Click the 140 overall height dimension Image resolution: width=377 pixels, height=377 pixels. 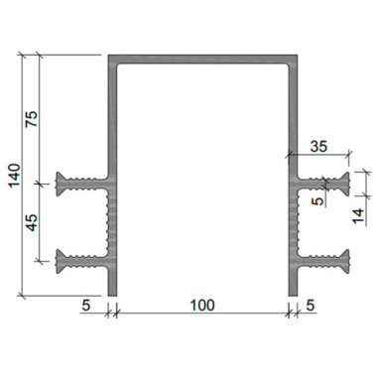14,176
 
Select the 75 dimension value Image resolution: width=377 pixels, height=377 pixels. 33,119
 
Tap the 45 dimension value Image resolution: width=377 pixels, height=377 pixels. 33,222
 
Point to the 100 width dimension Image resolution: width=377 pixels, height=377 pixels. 202,305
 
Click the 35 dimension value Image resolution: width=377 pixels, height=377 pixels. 318,146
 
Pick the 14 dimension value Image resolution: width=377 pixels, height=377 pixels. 358,216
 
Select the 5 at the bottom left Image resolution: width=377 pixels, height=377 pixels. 86,305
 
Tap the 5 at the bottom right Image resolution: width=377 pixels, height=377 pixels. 311,305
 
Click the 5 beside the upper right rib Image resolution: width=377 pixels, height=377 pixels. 318,200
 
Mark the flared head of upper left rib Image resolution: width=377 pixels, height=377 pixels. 61,184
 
